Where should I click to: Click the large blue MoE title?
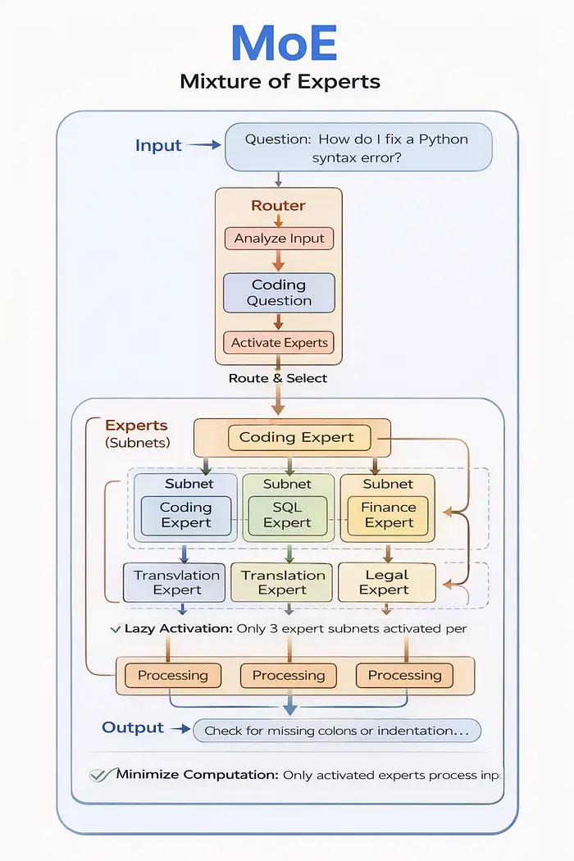click(285, 43)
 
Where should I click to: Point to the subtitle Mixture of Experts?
click(280, 82)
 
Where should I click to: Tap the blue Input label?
click(158, 146)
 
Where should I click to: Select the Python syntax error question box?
click(357, 148)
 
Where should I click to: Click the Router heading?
click(279, 206)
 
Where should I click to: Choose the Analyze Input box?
click(280, 239)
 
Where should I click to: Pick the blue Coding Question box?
click(280, 293)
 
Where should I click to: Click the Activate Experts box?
click(280, 343)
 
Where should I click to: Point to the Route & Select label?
click(279, 378)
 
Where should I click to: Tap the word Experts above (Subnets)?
click(136, 426)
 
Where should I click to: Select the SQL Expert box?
click(288, 515)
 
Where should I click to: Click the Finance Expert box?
click(389, 515)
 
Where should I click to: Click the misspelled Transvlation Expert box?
click(177, 582)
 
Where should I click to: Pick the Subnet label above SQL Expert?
click(288, 484)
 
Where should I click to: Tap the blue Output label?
click(133, 727)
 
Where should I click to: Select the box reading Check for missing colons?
click(337, 730)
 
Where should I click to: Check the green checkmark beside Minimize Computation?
click(100, 774)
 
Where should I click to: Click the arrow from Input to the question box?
click(204, 145)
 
